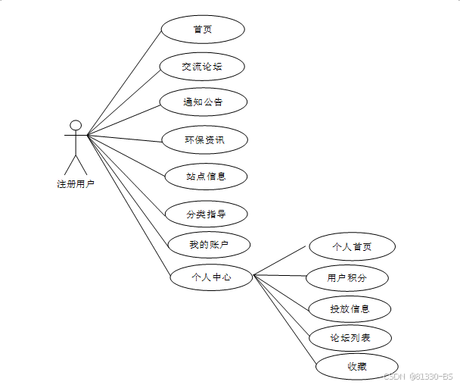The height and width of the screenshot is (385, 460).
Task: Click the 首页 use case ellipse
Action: (203, 30)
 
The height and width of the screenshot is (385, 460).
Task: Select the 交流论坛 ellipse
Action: (203, 67)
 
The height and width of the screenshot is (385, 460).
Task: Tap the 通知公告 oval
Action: (203, 102)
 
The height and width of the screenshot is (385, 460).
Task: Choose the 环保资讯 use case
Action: (205, 139)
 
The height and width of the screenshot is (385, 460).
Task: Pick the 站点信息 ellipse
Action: (206, 177)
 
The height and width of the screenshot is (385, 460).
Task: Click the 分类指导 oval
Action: (206, 214)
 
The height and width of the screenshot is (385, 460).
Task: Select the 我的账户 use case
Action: (209, 245)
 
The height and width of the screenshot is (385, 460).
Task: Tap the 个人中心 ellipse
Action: (211, 277)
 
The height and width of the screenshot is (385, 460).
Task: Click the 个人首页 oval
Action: (352, 247)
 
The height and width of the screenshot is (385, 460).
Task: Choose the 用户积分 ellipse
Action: (347, 278)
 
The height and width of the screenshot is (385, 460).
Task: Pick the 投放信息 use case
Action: (350, 308)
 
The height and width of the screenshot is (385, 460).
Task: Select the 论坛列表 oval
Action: (350, 337)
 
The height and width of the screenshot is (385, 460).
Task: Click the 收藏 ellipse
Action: (357, 367)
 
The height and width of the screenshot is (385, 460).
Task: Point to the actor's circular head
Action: (76, 125)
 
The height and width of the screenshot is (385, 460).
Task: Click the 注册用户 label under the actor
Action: (76, 183)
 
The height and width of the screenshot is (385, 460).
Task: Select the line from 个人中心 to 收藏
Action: (284, 321)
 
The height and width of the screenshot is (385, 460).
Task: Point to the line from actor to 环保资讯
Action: (125, 137)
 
